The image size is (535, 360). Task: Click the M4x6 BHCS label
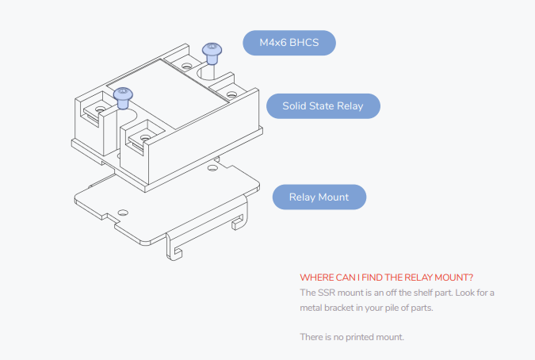click(x=289, y=43)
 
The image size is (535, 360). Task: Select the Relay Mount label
click(x=319, y=197)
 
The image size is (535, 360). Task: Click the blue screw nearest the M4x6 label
click(x=212, y=52)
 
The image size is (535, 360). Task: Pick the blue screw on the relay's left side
click(x=123, y=98)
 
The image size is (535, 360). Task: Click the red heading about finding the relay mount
click(x=387, y=278)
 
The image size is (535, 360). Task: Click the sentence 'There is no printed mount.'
click(x=352, y=337)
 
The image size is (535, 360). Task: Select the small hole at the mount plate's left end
click(x=122, y=213)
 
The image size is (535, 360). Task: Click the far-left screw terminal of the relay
click(x=101, y=106)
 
